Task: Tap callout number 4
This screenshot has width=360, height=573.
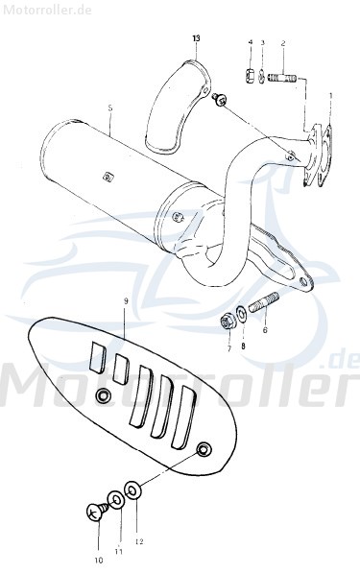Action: (x=250, y=43)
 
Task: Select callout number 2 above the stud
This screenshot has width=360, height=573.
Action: (x=283, y=43)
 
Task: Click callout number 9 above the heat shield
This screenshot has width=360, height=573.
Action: (x=124, y=301)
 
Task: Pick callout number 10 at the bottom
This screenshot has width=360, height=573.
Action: (x=98, y=560)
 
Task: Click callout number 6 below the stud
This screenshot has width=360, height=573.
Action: (x=265, y=329)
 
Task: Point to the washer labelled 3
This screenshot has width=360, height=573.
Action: (x=262, y=76)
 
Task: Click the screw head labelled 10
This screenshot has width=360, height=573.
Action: (x=95, y=514)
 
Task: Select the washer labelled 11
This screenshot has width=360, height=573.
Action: (x=115, y=498)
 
